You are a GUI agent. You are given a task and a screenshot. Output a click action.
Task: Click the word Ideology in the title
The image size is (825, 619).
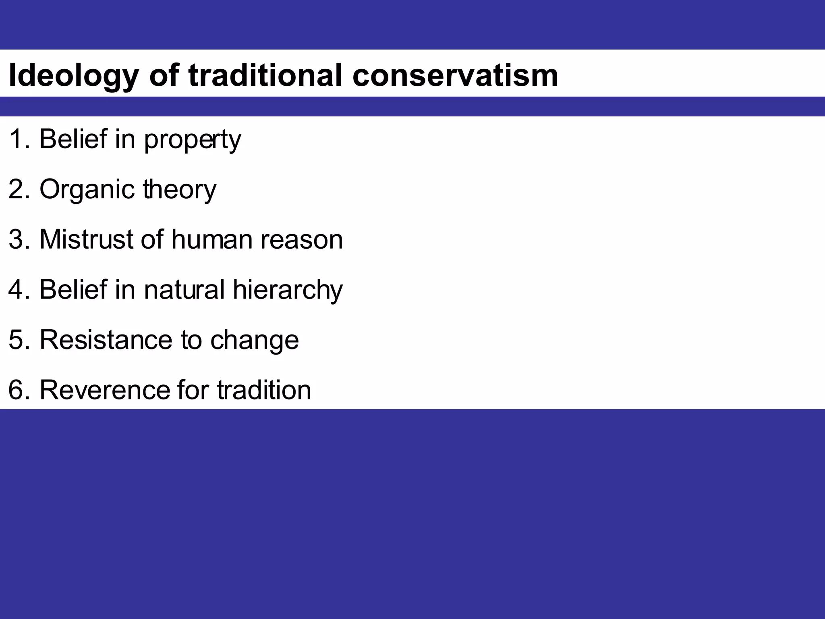[74, 76]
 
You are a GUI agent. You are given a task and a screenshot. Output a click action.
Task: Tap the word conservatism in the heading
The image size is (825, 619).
[455, 76]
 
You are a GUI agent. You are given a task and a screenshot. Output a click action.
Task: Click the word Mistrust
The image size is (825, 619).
[86, 239]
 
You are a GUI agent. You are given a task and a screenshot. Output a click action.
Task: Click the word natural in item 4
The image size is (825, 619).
[184, 290]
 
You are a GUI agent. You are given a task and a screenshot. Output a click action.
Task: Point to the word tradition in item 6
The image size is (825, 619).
[264, 390]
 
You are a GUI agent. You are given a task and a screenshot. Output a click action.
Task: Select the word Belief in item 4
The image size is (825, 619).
[73, 290]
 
